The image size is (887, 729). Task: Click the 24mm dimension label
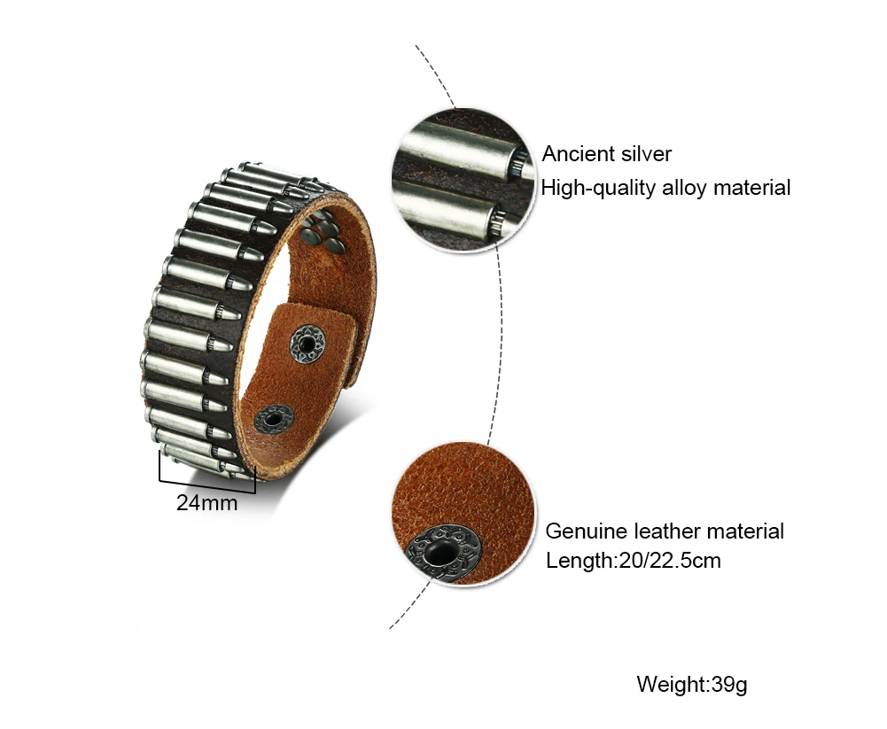[206, 503]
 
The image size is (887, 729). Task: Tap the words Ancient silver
[607, 154]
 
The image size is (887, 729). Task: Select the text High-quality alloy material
[665, 188]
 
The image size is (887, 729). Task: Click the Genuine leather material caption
[665, 531]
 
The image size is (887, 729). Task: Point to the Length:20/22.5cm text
[633, 561]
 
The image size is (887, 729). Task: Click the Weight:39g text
[692, 685]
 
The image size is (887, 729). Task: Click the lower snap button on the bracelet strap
[274, 418]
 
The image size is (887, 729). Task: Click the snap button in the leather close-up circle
[440, 554]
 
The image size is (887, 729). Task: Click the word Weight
[669, 685]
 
